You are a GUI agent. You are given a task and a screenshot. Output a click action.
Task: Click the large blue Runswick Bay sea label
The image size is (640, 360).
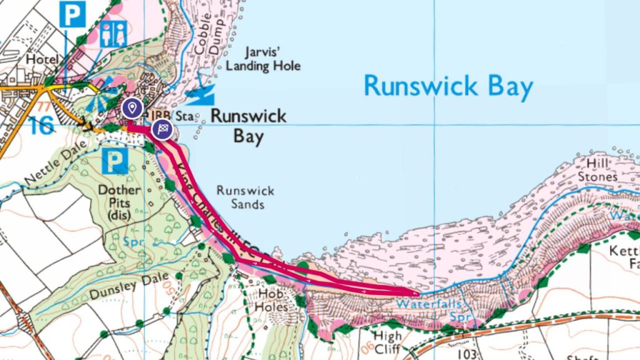(x=448, y=86)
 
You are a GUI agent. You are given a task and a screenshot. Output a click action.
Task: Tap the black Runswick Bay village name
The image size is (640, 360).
(x=248, y=126)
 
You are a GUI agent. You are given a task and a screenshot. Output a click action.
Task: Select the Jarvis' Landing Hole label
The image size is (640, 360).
(x=263, y=59)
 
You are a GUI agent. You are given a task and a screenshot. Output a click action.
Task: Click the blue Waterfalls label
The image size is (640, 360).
(x=431, y=304)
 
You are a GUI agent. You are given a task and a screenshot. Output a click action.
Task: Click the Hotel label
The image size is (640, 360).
(x=42, y=59)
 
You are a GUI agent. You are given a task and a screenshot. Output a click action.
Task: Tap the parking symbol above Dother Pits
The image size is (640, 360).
(x=114, y=163)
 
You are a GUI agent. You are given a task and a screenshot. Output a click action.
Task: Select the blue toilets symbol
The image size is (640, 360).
(x=113, y=33)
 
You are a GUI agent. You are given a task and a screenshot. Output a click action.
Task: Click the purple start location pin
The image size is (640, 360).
(x=131, y=107)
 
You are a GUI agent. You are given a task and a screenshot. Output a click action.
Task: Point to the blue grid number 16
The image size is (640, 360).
(x=41, y=124)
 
